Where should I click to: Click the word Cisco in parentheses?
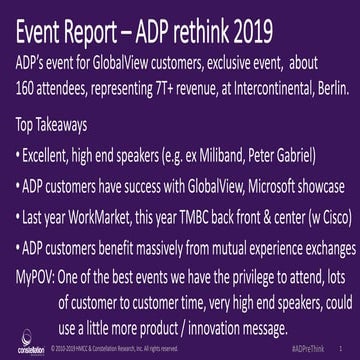[x=328, y=216]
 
